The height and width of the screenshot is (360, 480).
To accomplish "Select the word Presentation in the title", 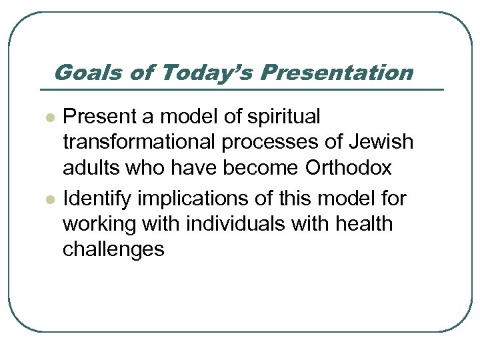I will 337,72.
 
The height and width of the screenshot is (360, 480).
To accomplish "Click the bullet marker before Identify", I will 48,199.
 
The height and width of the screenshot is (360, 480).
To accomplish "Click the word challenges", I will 113,250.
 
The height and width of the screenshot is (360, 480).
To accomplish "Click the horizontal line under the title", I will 240,89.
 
